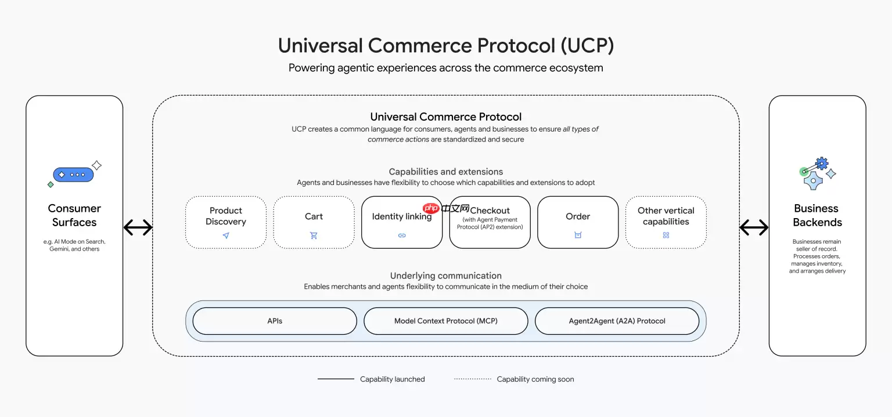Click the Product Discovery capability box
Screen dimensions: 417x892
(x=226, y=222)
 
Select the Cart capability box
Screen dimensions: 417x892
(x=314, y=222)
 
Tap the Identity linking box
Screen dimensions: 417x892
(x=402, y=222)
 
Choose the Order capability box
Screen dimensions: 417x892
(x=578, y=222)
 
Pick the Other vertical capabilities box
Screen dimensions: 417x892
(x=666, y=222)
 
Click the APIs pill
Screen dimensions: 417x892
(x=275, y=321)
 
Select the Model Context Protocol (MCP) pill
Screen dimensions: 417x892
(x=446, y=321)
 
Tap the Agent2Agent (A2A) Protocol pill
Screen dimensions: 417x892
(x=617, y=321)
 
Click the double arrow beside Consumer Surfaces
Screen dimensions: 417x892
(x=138, y=228)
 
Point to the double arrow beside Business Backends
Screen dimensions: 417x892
(x=754, y=228)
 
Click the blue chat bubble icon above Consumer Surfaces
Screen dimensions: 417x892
(x=73, y=175)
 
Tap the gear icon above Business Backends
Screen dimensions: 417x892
(x=821, y=164)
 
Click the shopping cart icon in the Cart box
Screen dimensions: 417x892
(x=314, y=235)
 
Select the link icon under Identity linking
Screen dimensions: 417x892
(x=402, y=235)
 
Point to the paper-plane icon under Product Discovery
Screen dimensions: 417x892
(x=226, y=235)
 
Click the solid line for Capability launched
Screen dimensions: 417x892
(x=336, y=379)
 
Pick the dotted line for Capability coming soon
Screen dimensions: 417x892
(x=473, y=379)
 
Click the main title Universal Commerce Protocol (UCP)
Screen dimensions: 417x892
(x=446, y=46)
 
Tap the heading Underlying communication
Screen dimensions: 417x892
(x=446, y=275)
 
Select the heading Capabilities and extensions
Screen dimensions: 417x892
(x=446, y=172)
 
